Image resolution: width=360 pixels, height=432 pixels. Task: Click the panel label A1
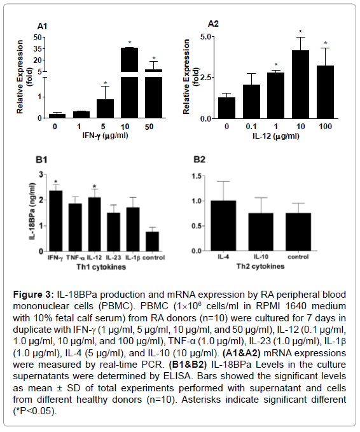click(42, 27)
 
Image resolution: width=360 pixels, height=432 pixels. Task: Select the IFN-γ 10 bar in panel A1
click(130, 83)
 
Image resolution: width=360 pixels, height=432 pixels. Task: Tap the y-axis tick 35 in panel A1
click(38, 49)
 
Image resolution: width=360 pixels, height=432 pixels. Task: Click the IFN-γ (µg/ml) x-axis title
click(106, 136)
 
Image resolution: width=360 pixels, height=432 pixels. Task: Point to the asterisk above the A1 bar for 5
click(105, 83)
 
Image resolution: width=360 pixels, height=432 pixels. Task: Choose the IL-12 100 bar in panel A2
click(325, 92)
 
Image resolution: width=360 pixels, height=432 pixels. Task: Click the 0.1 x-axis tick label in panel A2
click(251, 127)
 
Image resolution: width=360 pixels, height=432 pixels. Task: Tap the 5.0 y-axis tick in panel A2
click(205, 37)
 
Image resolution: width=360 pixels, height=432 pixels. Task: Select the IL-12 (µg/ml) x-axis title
click(276, 136)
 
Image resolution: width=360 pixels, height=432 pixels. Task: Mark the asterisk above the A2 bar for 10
click(300, 32)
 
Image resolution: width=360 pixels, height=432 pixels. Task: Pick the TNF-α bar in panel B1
click(75, 227)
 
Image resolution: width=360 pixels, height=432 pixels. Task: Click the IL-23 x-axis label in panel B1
click(113, 258)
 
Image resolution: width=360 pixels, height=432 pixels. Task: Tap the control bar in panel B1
click(152, 241)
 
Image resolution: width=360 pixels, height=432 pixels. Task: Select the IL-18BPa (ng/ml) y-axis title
click(32, 211)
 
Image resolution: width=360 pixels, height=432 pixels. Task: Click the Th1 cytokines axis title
click(101, 267)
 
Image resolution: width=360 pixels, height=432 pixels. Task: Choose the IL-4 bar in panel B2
click(223, 226)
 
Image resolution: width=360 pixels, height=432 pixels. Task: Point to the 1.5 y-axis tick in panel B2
click(197, 176)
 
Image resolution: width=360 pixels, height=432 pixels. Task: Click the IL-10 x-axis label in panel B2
click(261, 257)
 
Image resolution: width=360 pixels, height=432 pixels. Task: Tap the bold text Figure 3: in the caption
click(34, 295)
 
